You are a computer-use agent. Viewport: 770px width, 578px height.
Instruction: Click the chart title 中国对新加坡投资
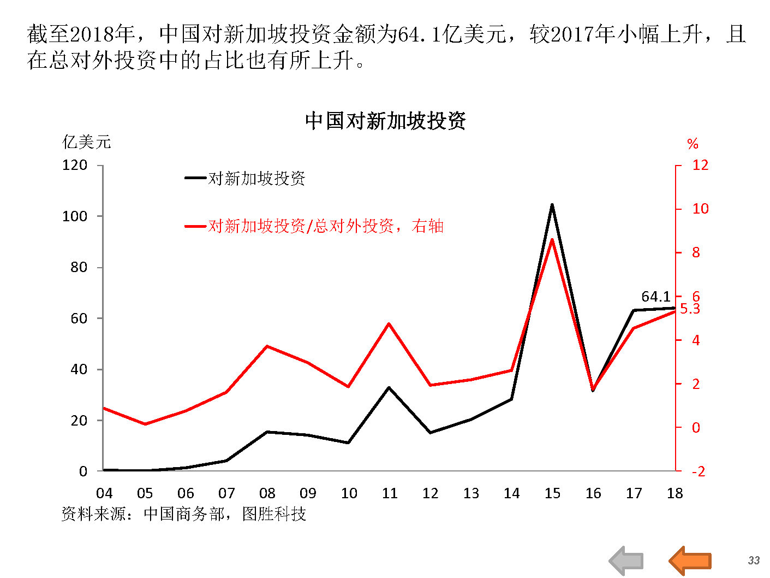click(x=385, y=121)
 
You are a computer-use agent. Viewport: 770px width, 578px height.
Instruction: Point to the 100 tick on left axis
click(x=75, y=216)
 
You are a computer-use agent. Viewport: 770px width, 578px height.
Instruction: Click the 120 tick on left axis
click(x=75, y=165)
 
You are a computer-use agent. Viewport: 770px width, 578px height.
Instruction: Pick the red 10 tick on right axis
click(x=700, y=209)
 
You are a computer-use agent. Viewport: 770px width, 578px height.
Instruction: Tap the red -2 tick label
click(x=698, y=471)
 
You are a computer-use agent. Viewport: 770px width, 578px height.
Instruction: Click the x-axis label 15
click(x=552, y=493)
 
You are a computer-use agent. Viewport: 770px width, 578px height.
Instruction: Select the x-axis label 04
click(x=104, y=493)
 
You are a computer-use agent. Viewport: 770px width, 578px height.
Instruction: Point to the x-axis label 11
click(x=390, y=493)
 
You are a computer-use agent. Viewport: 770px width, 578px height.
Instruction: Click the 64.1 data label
click(x=655, y=297)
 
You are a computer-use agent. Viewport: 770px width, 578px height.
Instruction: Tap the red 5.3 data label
click(x=690, y=309)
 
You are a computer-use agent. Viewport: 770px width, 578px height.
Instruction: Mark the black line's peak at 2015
click(x=552, y=205)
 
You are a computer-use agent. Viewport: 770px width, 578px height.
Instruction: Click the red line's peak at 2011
click(x=389, y=324)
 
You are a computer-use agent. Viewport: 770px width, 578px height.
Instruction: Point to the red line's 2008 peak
click(x=267, y=346)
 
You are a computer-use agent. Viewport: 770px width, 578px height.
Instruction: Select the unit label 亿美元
click(x=87, y=142)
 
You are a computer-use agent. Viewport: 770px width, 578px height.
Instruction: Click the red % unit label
click(x=693, y=144)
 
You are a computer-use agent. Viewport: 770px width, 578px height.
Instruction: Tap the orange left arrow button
click(x=690, y=561)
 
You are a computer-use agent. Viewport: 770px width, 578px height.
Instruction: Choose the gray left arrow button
click(x=626, y=561)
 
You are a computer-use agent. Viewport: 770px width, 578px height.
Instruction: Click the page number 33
click(x=754, y=560)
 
